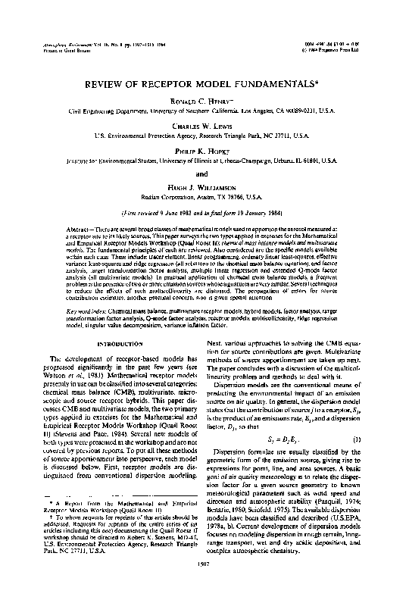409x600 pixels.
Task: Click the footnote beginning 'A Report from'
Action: tap(113, 523)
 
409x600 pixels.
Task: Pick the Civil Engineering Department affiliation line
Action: tap(204, 111)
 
